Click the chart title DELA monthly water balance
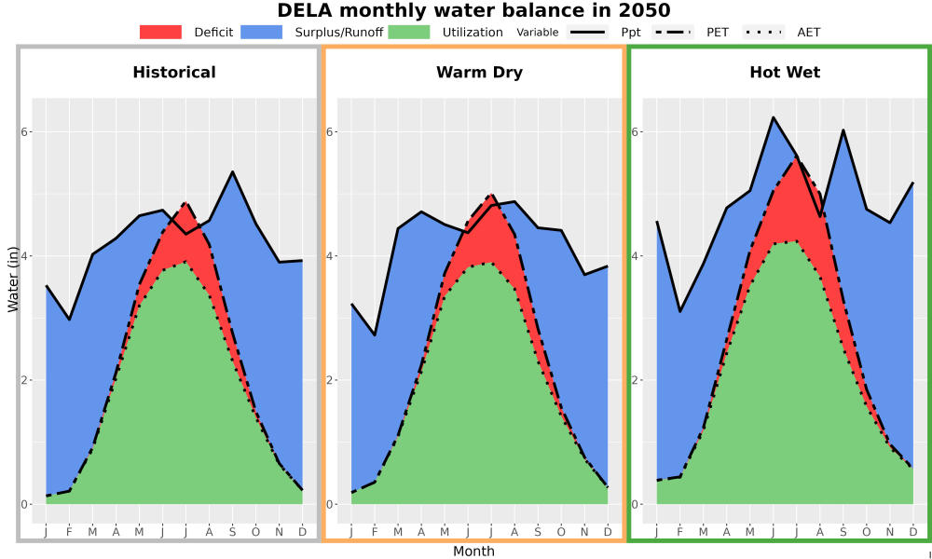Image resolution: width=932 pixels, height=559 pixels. [x=473, y=10]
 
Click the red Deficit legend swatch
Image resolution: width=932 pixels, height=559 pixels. [x=160, y=32]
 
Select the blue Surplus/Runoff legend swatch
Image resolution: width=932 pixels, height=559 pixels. [x=262, y=32]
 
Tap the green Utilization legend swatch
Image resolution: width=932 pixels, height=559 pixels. [x=409, y=32]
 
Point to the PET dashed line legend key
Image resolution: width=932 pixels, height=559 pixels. [x=673, y=32]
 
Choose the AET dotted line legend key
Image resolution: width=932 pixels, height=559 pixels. [x=764, y=32]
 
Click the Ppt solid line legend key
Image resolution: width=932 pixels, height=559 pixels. [x=587, y=32]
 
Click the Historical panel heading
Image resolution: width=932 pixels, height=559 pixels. [x=174, y=73]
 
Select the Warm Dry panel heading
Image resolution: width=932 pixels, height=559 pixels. [x=479, y=73]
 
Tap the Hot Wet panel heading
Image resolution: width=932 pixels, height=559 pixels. [x=785, y=73]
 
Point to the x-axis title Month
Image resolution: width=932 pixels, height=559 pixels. [x=473, y=552]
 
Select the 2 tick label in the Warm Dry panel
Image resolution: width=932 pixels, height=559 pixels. [x=330, y=380]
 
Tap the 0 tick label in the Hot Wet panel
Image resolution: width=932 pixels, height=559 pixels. [x=636, y=505]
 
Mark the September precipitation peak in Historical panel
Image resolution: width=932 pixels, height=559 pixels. [x=232, y=171]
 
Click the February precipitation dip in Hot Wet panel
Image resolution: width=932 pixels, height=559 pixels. [x=680, y=311]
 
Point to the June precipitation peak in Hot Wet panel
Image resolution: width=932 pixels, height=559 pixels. [x=774, y=117]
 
